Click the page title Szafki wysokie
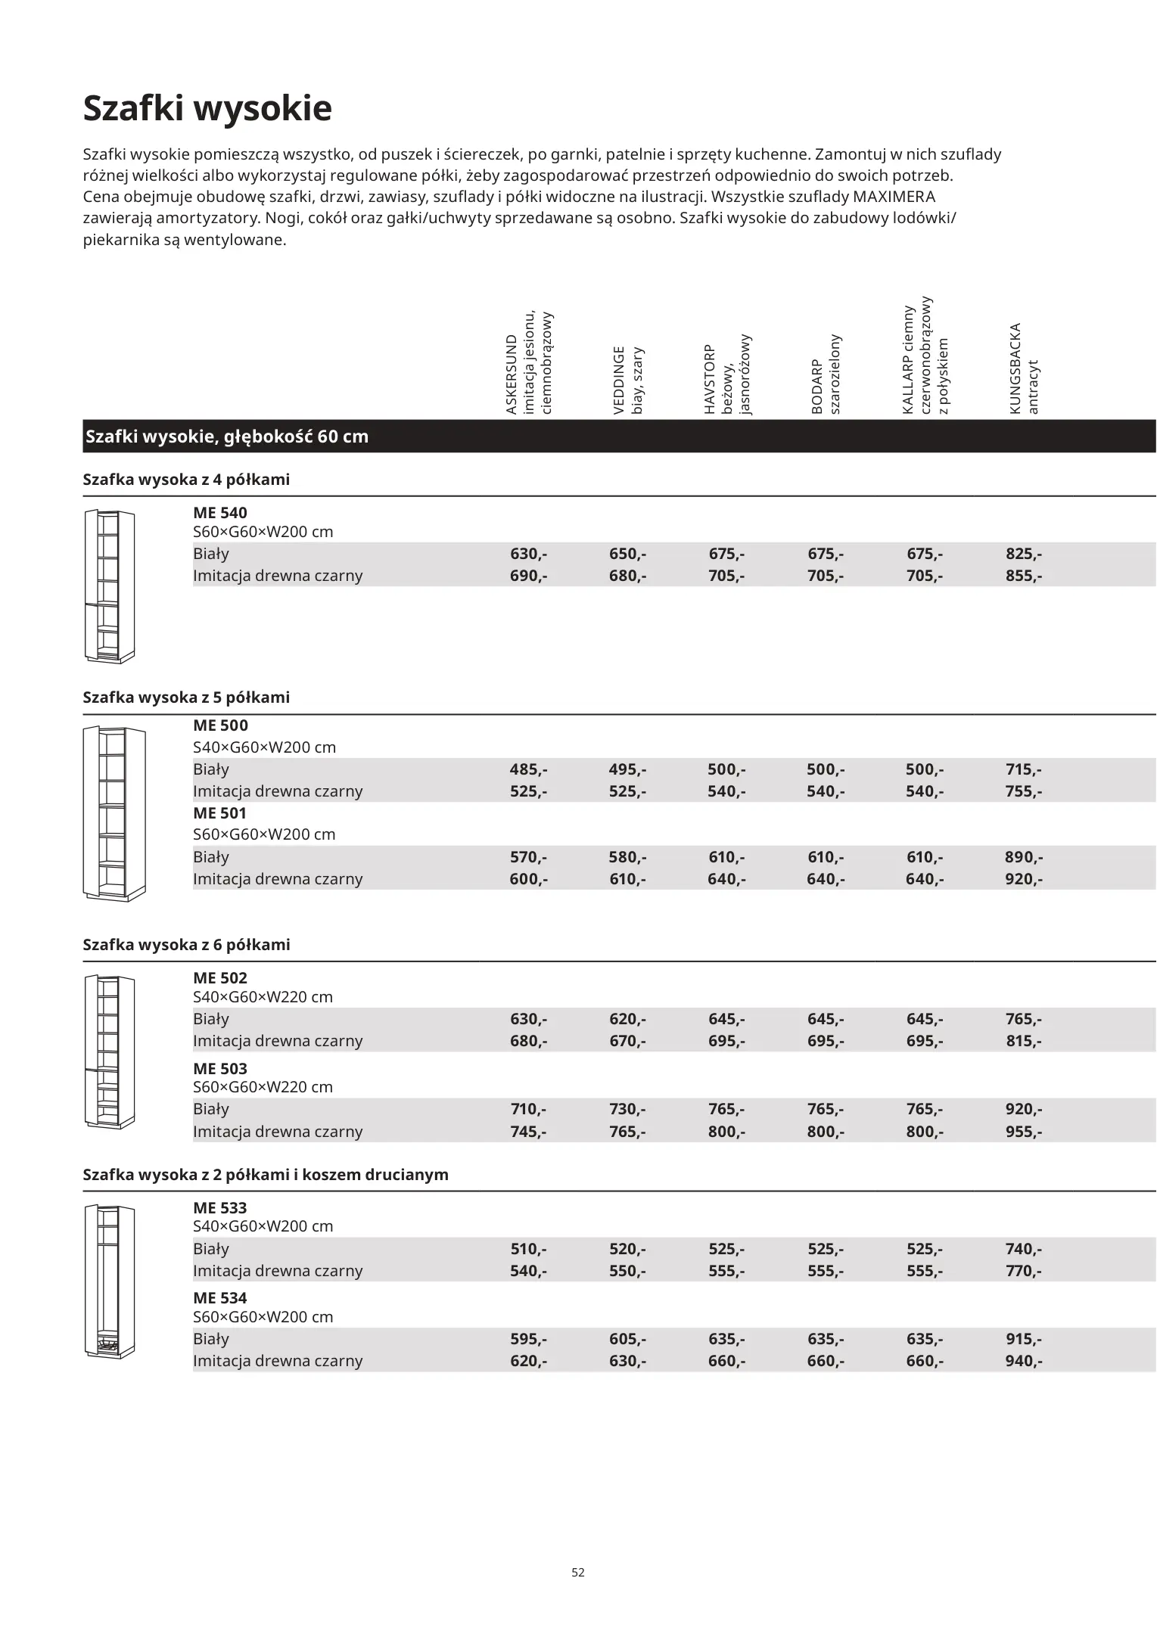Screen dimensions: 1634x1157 [207, 108]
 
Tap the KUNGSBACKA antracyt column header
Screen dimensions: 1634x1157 [1024, 369]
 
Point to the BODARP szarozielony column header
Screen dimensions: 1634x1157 [826, 374]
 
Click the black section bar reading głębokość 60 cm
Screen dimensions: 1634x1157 [227, 437]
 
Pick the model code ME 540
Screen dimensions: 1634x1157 [220, 513]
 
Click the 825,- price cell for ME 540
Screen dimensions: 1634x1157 [1023, 554]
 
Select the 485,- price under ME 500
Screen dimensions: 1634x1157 [528, 769]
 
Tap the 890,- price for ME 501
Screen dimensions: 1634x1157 [1023, 857]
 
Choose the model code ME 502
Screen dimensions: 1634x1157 [220, 978]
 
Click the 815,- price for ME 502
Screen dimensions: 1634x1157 [1023, 1041]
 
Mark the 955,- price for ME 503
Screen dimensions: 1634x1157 [1023, 1132]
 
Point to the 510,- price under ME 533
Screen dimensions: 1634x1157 [528, 1249]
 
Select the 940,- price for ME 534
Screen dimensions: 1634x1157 [1023, 1361]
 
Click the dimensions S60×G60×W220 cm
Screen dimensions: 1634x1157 [263, 1087]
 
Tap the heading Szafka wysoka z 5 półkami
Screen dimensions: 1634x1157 [186, 697]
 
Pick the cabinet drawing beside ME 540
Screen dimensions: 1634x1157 [109, 586]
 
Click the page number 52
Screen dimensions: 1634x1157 [578, 1572]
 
